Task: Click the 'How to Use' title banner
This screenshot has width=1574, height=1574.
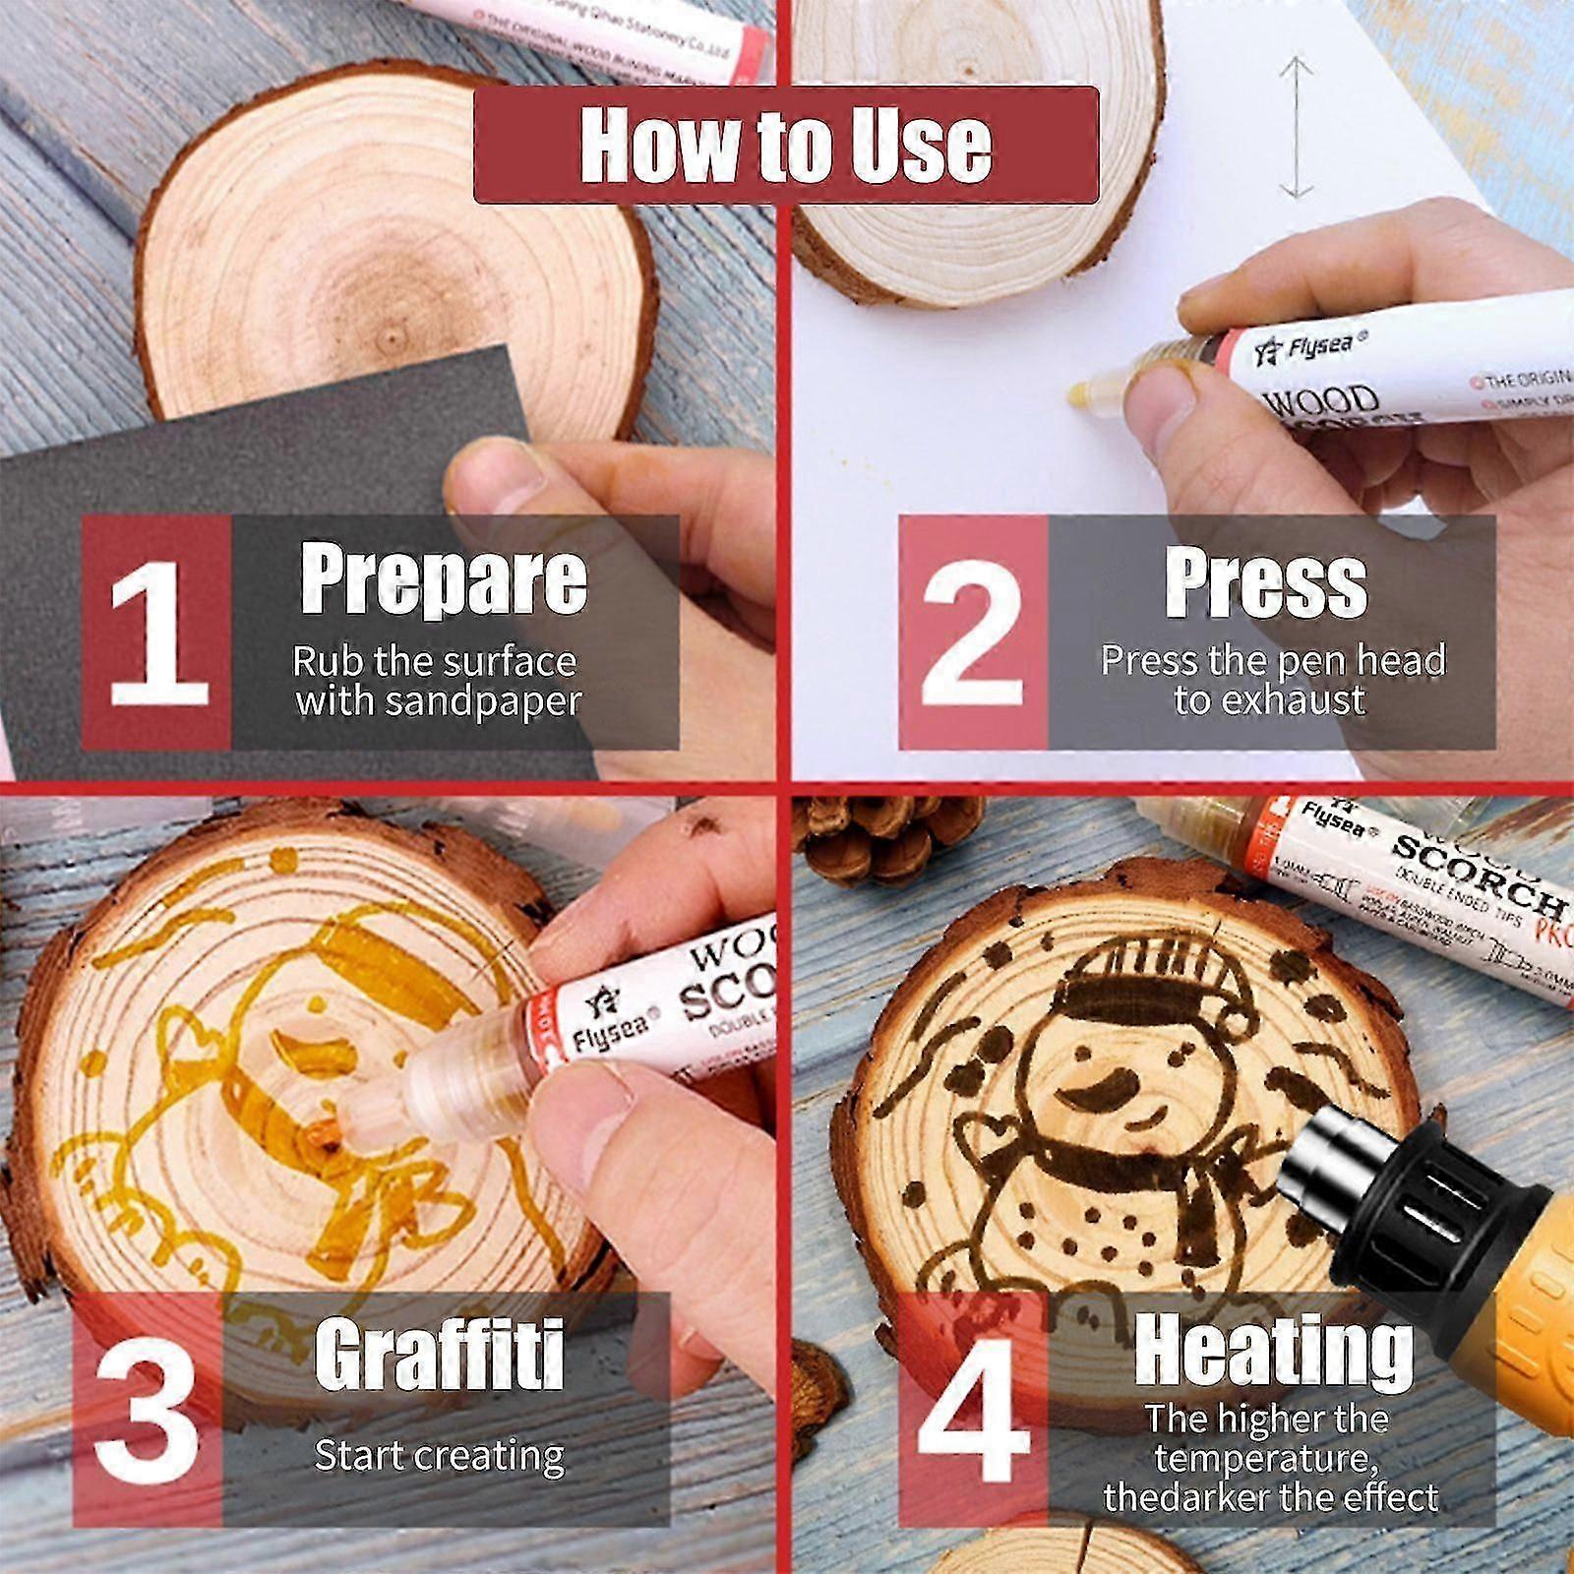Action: [x=785, y=145]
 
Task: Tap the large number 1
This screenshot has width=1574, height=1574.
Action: [x=157, y=634]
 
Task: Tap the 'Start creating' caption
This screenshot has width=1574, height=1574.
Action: [x=439, y=1454]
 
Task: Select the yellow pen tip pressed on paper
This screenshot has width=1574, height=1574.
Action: [x=1082, y=394]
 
